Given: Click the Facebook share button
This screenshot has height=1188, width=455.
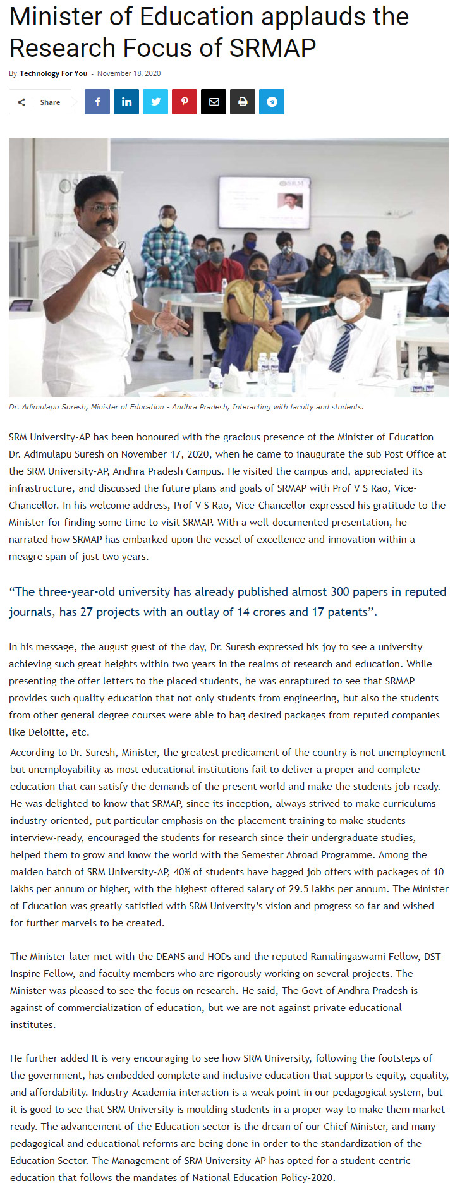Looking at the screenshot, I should coord(97,102).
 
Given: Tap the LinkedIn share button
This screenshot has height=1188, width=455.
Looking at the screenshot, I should coord(126,102).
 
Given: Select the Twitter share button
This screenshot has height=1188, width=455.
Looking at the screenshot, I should coord(155,102).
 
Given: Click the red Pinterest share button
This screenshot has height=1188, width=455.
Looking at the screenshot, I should coord(185,102).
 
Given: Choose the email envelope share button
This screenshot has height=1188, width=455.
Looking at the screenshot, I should coord(214,102).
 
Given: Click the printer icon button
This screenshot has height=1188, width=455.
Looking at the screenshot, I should coord(243,102).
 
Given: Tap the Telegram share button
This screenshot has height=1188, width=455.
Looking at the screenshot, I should coord(272,102).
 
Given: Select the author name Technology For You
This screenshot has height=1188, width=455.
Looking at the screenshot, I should coord(54,73).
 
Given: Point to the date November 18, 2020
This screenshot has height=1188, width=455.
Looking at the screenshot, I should coord(129,73).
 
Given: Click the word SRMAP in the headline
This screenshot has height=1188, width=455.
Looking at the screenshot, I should coord(272,48).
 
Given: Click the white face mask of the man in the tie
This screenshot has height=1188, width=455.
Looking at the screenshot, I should coord(348,308).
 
